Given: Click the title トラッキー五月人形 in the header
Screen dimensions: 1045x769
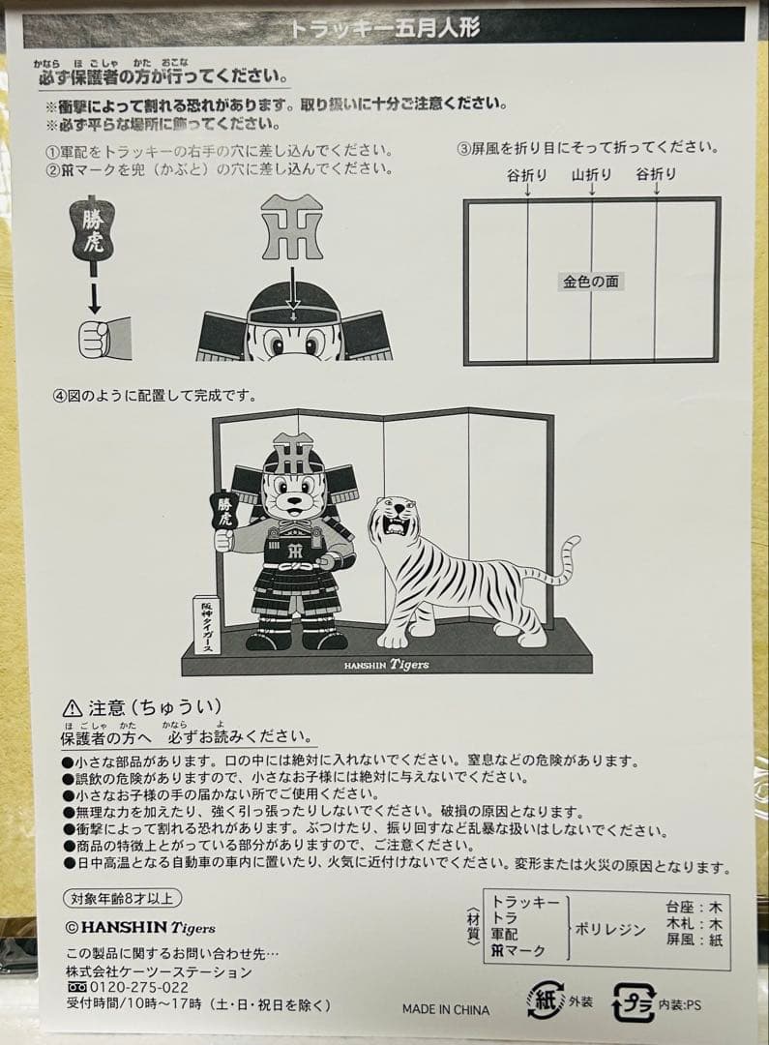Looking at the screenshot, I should point(384,27).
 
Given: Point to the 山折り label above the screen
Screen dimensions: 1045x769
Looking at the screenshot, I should point(591,175).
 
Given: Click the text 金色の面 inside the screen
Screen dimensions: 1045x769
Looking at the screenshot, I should point(590,282).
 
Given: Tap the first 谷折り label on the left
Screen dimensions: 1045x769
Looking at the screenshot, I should point(526,175).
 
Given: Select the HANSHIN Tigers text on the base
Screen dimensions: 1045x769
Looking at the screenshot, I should point(386,665).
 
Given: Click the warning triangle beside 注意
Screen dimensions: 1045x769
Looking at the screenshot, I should point(73,708).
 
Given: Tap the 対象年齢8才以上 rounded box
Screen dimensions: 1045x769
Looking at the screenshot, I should point(123,898).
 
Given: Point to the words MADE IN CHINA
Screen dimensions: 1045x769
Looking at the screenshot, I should point(446,1009).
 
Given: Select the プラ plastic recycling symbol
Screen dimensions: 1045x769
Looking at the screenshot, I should point(635,1002).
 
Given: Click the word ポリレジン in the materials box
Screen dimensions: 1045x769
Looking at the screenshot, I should point(610,930).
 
